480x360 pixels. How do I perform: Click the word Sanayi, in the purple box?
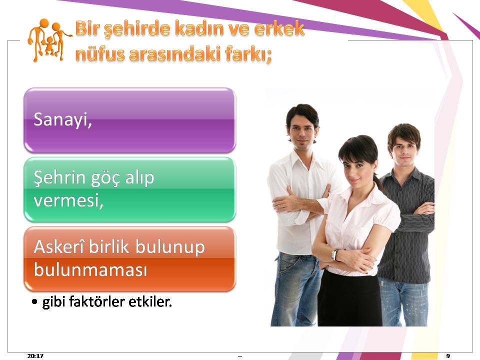point(63,119)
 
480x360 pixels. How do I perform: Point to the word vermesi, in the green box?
point(68,201)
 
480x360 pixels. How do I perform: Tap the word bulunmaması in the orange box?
point(90,270)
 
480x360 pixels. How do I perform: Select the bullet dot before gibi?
point(34,302)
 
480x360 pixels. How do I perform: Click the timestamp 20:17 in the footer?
point(35,355)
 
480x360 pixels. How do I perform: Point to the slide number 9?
point(448,355)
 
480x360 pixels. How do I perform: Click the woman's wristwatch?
point(334,255)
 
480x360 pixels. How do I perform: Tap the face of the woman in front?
point(356,169)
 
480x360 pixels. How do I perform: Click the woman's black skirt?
point(349,298)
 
